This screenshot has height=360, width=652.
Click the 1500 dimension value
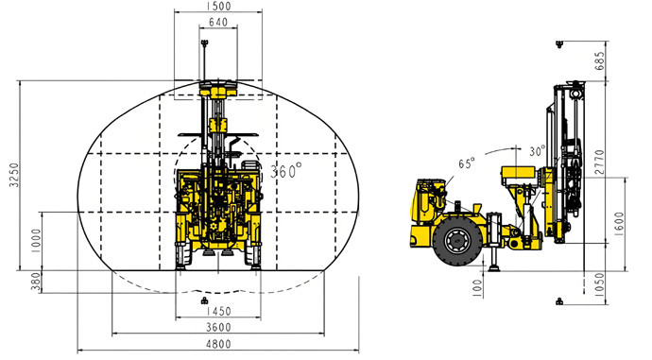(218, 6)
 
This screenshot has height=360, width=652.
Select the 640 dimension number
(218, 22)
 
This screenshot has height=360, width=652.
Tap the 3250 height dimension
(14, 175)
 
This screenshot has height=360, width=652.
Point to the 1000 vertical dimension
(36, 241)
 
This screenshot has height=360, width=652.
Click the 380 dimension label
(36, 282)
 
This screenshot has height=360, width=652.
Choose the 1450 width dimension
(218, 311)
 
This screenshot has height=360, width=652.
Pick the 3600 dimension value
(218, 327)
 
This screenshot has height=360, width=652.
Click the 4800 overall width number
(218, 344)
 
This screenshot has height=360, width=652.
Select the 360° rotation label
(286, 170)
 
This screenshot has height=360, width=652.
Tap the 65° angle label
(467, 163)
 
